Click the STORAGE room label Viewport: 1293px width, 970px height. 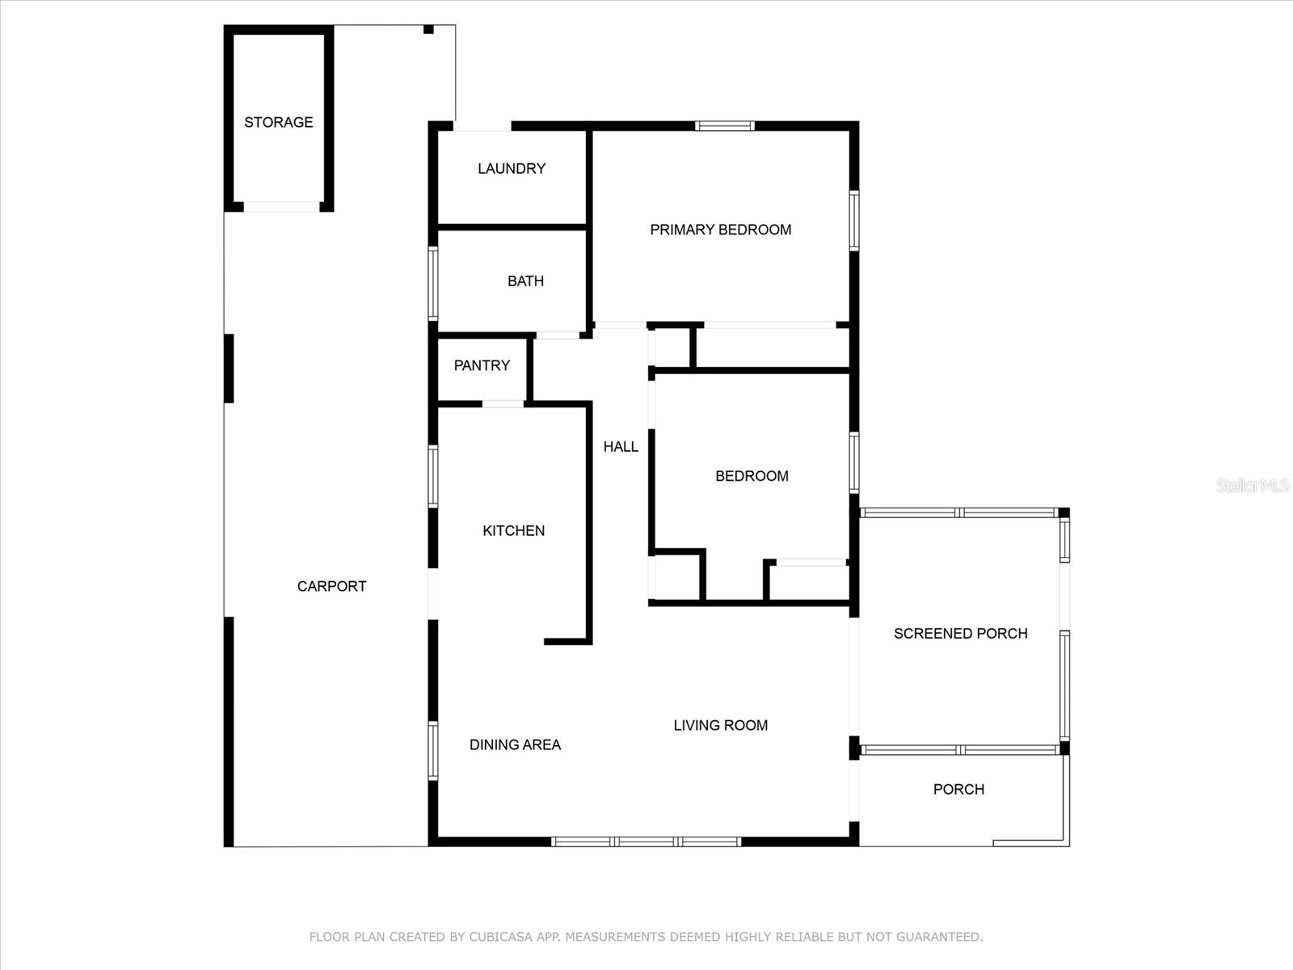(x=278, y=122)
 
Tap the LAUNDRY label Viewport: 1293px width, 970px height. (x=511, y=168)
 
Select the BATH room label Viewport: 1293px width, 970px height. (x=525, y=281)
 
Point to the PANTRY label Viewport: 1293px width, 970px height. (x=482, y=365)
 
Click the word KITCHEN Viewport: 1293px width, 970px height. (x=513, y=530)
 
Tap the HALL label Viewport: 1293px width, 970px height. (x=621, y=446)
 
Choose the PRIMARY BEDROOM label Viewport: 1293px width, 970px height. (x=720, y=230)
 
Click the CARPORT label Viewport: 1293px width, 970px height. (x=331, y=586)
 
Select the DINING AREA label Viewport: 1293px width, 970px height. (x=515, y=744)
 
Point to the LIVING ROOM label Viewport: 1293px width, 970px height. (x=720, y=725)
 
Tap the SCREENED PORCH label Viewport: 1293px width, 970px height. (x=960, y=634)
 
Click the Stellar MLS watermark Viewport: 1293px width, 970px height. (x=1252, y=485)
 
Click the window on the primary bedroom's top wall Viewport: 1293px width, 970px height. (x=725, y=126)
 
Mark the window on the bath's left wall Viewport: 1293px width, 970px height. (x=433, y=283)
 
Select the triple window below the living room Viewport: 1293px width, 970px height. (x=646, y=841)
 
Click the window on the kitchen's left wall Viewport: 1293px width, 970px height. (x=433, y=477)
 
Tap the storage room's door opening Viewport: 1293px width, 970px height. (x=281, y=207)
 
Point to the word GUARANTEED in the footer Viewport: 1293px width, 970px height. (x=939, y=937)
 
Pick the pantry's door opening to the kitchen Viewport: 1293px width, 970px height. (x=503, y=403)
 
